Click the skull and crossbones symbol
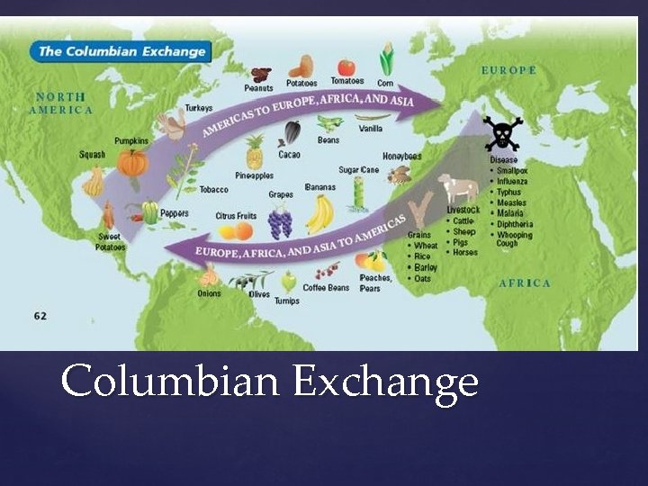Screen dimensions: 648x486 click(501, 133)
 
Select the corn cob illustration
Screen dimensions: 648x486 click(387, 59)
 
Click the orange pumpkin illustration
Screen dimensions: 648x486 click(134, 163)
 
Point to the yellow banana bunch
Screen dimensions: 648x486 click(319, 213)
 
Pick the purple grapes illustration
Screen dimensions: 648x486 click(281, 220)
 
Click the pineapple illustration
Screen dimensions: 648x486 click(255, 154)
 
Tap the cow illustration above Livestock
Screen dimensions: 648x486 click(458, 188)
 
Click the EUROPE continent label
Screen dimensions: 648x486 click(508, 70)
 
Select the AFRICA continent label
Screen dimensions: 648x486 click(525, 283)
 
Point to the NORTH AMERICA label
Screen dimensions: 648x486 click(61, 103)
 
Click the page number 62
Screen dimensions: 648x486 click(40, 317)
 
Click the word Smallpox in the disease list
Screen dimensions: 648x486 click(517, 170)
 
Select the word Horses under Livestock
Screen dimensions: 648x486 click(465, 252)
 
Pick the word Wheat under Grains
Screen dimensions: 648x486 click(426, 246)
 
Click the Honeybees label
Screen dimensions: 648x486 click(401, 156)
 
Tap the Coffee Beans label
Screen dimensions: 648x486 click(327, 288)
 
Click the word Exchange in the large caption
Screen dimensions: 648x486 click(384, 381)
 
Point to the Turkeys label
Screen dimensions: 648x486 click(198, 108)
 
